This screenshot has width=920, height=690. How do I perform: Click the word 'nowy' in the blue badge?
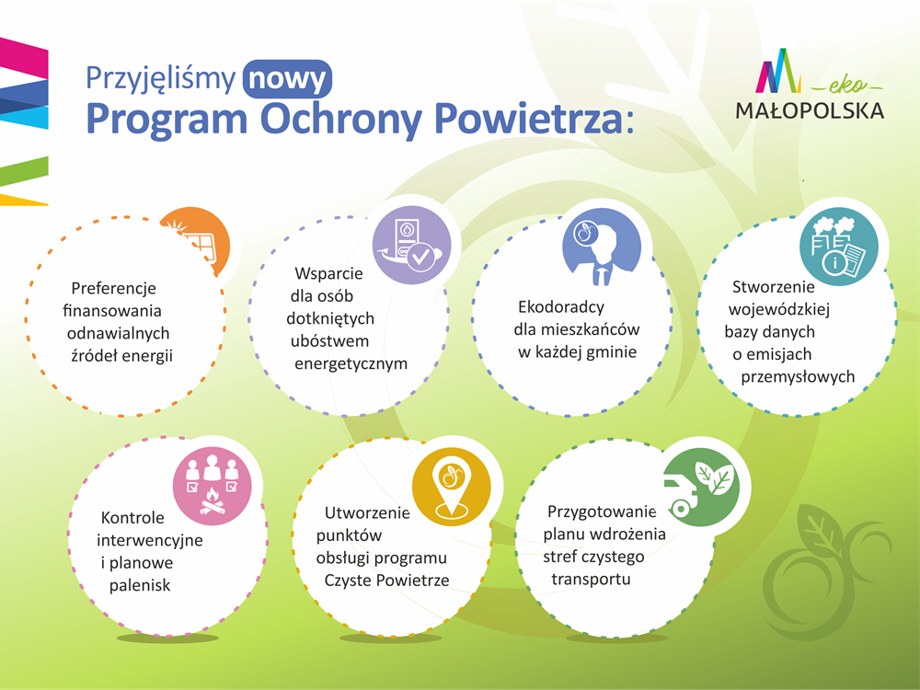(287, 79)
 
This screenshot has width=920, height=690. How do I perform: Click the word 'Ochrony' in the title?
(341, 119)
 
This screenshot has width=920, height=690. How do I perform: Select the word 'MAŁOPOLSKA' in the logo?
(810, 110)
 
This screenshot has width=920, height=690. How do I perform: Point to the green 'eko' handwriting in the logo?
(848, 86)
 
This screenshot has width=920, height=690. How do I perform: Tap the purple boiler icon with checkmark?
(412, 245)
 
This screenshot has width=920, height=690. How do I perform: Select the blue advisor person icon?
(602, 247)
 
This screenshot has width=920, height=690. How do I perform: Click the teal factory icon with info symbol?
(839, 247)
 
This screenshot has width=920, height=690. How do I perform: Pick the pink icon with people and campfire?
(213, 486)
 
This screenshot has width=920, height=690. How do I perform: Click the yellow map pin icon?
(451, 487)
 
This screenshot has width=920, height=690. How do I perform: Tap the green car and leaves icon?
(702, 487)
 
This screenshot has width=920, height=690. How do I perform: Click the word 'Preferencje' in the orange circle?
(114, 288)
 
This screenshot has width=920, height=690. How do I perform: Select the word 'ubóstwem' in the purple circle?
(329, 341)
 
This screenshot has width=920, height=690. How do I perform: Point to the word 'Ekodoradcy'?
(561, 307)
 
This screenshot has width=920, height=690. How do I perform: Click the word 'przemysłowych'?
(798, 376)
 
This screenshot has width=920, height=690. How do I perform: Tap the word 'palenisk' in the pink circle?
(140, 585)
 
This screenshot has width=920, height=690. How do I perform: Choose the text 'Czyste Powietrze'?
(386, 581)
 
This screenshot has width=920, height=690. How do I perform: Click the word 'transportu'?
(591, 579)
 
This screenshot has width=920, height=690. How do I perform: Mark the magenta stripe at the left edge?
(24, 57)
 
